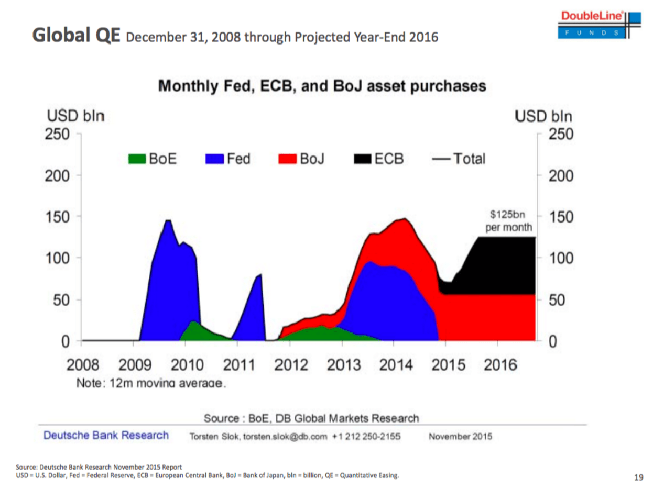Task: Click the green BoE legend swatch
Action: (x=138, y=158)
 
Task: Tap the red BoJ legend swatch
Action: (x=287, y=158)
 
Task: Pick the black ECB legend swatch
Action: (x=363, y=158)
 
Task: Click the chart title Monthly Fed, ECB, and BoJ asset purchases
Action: (x=322, y=86)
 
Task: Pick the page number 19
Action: (x=638, y=476)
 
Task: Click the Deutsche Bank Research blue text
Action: (x=106, y=435)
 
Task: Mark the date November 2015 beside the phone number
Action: (x=460, y=436)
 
